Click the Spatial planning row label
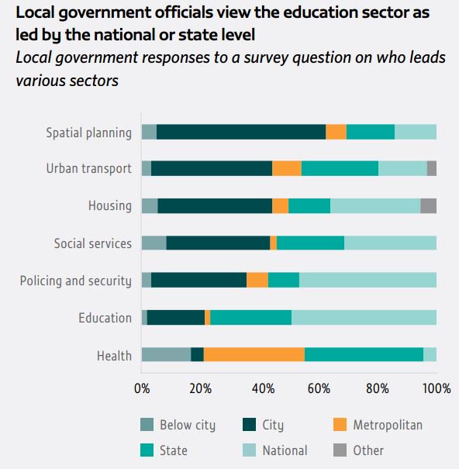[x=88, y=133]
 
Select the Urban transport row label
[x=88, y=169]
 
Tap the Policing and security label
[x=75, y=281]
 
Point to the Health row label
[x=114, y=356]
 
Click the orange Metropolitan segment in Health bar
[x=254, y=355]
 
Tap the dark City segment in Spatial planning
[x=241, y=132]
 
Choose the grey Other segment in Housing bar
[x=428, y=205]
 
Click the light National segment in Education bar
[x=364, y=318]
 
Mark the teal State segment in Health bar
[x=364, y=355]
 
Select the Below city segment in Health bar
[x=166, y=355]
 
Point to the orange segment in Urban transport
[x=286, y=169]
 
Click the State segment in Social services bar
[x=310, y=243]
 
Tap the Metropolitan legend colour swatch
[x=339, y=425]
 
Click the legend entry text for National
[x=285, y=450]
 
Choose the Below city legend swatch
[x=147, y=425]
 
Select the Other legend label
[x=368, y=450]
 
